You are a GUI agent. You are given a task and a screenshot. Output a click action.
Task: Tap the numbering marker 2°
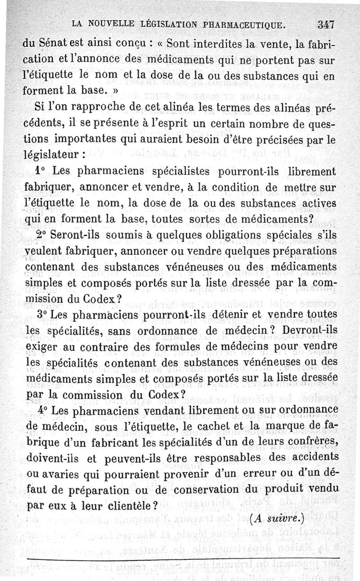[43, 235]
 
